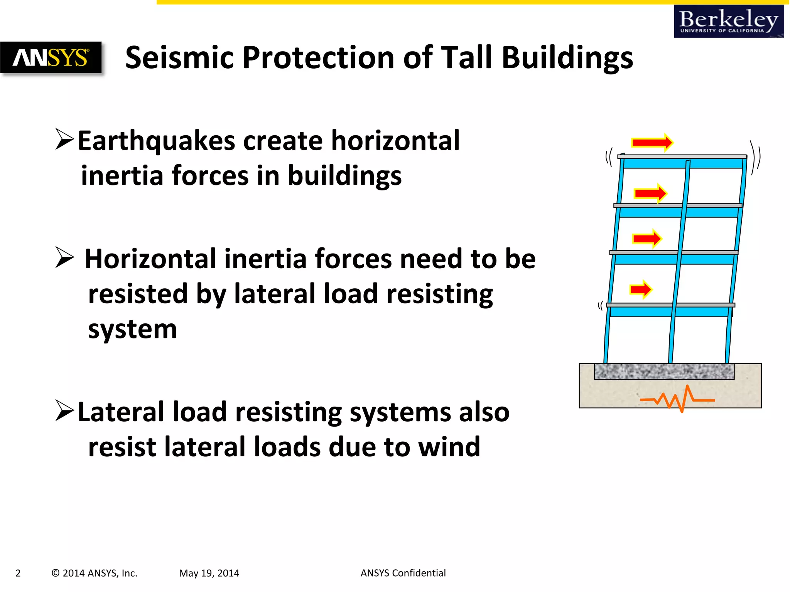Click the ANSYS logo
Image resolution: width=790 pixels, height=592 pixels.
pos(51,58)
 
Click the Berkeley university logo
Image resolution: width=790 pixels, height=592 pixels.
pos(728,22)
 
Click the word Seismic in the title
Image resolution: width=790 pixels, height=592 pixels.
pos(180,58)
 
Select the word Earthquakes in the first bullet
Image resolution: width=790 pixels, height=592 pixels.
pos(156,141)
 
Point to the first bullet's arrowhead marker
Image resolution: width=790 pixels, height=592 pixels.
pos(64,140)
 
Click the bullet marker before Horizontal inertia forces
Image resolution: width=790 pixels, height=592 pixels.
pos(64,257)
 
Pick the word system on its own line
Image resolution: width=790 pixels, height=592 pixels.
pos(132,330)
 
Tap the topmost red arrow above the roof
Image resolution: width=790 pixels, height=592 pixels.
pos(652,143)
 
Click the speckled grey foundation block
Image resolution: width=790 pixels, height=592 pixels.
pos(664,372)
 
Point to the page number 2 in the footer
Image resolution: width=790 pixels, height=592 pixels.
pos(18,573)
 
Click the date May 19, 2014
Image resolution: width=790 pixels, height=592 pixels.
pos(209,573)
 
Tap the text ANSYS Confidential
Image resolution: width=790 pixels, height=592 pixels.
pos(403,573)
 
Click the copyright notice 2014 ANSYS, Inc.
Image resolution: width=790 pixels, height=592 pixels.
pos(95,573)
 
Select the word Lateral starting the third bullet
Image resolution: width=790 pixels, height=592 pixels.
pos(121,412)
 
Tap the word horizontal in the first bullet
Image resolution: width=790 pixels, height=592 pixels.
pos(395,141)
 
